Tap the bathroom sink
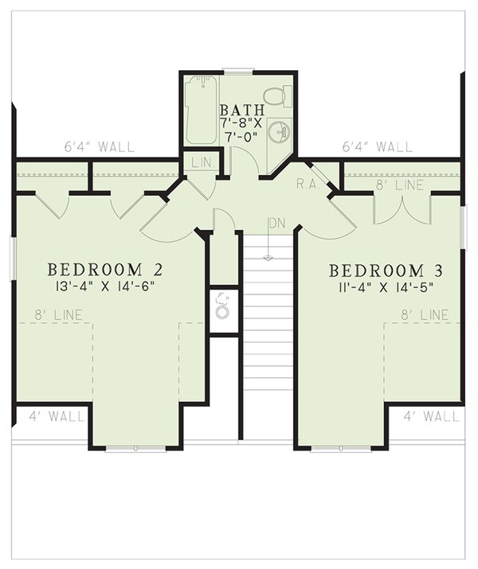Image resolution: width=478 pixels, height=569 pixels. coord(280,131)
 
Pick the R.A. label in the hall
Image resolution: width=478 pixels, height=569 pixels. coord(307,183)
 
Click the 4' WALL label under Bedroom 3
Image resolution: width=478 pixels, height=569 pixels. coord(431,415)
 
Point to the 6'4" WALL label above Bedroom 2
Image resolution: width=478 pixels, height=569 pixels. coord(100,147)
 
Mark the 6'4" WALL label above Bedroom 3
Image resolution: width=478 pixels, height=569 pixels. coord(378,147)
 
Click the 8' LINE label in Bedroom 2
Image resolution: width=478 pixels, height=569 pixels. coord(55,315)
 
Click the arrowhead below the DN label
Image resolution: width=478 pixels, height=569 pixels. coord(268,257)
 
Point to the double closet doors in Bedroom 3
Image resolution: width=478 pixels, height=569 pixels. coord(402,209)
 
